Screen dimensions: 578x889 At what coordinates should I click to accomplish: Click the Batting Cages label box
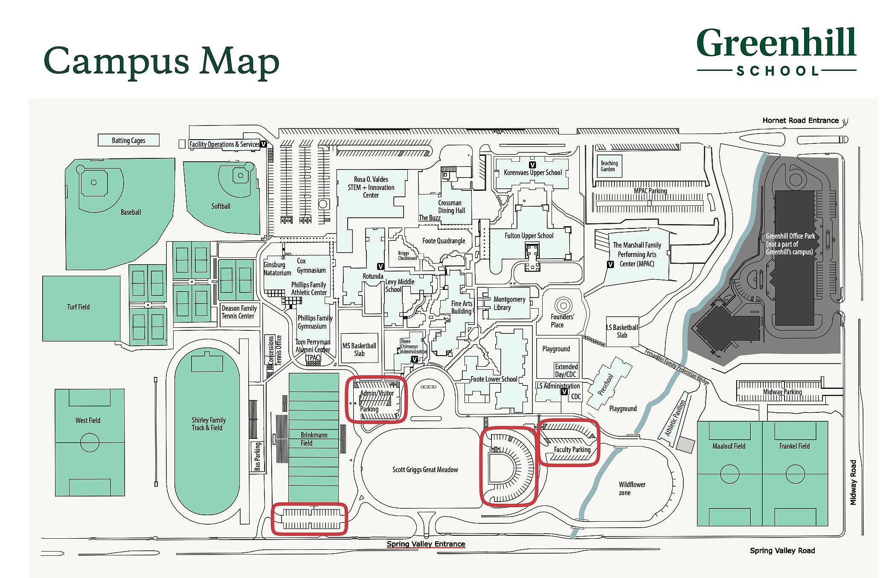128,140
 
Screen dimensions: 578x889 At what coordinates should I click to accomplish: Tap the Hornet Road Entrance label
800,120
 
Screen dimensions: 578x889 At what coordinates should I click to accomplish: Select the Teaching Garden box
609,166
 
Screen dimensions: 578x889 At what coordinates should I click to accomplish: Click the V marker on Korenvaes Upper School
532,165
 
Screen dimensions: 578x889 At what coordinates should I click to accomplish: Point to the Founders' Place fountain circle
564,305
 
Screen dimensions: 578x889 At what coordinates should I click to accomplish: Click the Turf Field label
78,307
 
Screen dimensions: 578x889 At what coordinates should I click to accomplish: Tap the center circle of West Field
90,442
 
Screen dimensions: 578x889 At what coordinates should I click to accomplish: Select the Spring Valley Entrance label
426,544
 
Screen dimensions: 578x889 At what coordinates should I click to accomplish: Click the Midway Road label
853,482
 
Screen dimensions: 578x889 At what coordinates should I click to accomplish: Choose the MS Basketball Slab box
359,349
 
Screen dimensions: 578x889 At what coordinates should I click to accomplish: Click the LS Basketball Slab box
622,331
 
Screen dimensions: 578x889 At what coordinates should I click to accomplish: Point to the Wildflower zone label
632,488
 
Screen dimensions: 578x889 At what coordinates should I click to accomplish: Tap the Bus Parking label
257,456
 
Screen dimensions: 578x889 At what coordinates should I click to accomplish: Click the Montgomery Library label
509,303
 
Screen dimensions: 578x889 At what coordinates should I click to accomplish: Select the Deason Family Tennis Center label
239,312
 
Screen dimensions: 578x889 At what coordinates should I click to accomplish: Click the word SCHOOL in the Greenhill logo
777,71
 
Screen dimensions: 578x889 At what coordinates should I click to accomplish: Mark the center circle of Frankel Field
795,474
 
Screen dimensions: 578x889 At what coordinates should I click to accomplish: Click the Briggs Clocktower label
407,256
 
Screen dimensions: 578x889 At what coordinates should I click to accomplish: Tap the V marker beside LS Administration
564,391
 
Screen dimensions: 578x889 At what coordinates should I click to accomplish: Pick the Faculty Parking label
572,450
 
